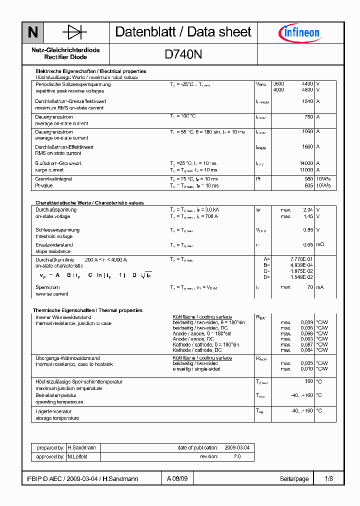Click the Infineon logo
coord(298,33)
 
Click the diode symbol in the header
coord(75,33)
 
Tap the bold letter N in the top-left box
coord(33,33)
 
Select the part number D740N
coord(183,54)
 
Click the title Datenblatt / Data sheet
coord(183,32)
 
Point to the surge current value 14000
coord(306,163)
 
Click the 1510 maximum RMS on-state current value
coord(307,101)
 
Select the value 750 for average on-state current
coord(308,117)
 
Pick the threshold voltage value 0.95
coord(308,230)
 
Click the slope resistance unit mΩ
coord(320,245)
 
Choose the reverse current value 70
coord(310,287)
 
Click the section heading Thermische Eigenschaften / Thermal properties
coord(87,310)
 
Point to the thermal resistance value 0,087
coord(307,344)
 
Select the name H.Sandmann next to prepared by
coord(81,448)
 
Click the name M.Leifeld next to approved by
coord(77,456)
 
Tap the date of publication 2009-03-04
coord(236,448)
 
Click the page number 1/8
coord(328,479)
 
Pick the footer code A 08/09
coord(177,479)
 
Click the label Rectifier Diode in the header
coord(65,57)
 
